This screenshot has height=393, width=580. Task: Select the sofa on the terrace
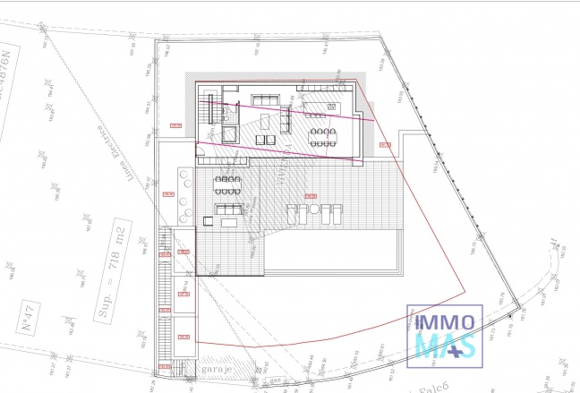coord(227,210)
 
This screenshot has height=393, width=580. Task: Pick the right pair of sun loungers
coord(333,215)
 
